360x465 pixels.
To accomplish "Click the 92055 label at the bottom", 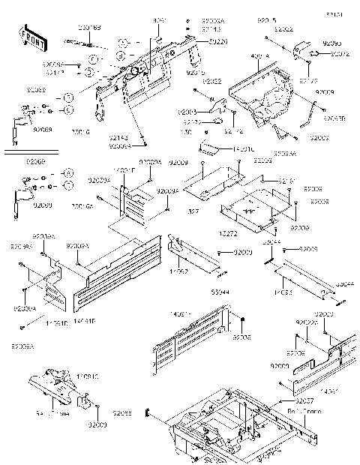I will (123, 413).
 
